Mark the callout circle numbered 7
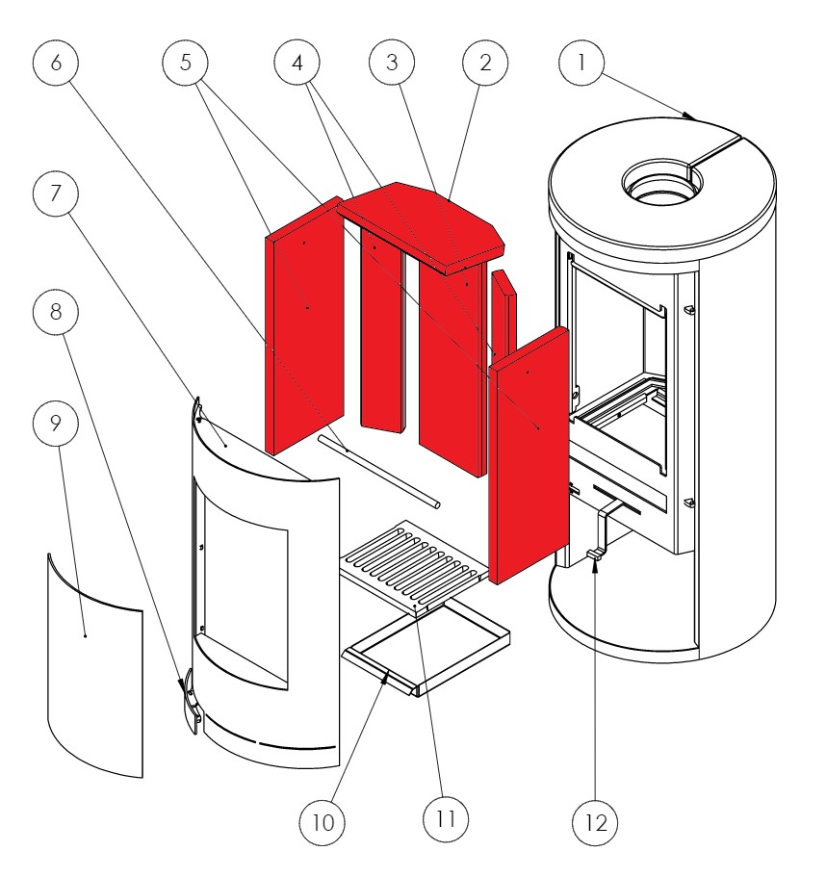click(55, 193)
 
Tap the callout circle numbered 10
click(323, 822)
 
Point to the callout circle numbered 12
click(594, 822)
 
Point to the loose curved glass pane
click(94, 664)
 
